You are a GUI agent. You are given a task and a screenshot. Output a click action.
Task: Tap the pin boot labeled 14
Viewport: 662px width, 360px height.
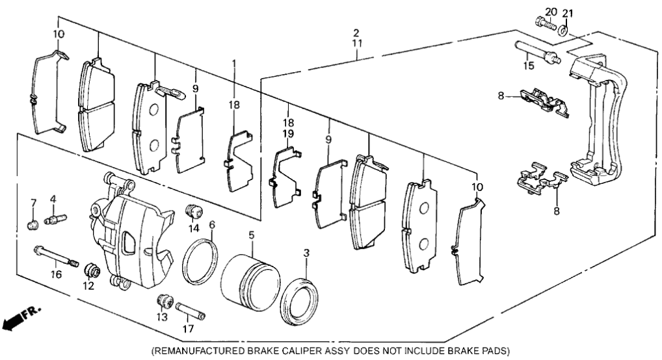tap(192, 211)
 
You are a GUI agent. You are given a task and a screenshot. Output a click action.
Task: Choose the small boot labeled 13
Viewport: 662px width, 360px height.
tap(164, 302)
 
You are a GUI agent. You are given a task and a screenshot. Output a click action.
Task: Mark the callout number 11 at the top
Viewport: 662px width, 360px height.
tap(356, 44)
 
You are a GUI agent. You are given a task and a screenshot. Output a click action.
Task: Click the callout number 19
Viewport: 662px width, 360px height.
tap(287, 133)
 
